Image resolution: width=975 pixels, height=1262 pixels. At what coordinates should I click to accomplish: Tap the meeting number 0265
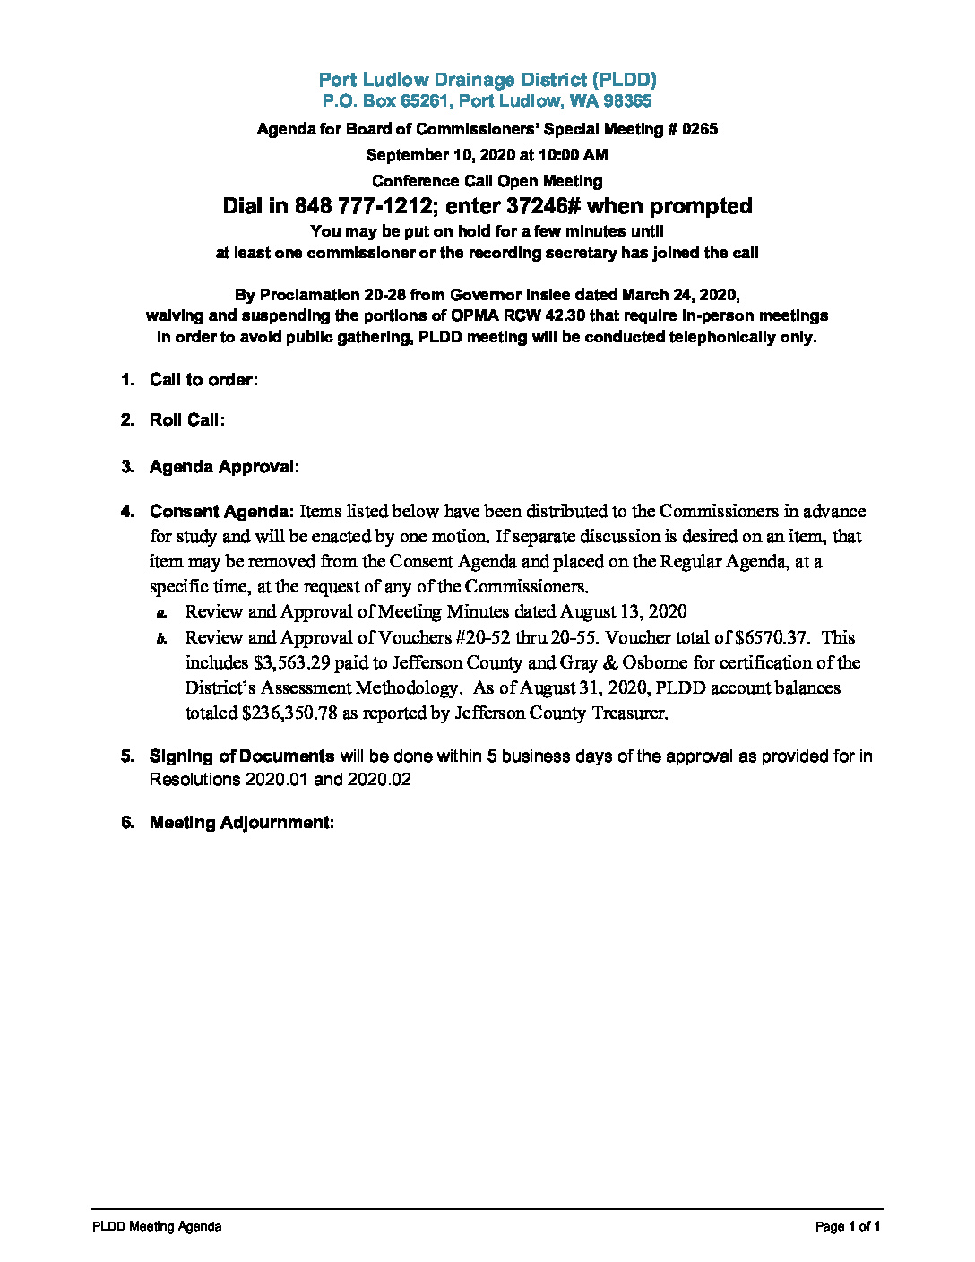(700, 129)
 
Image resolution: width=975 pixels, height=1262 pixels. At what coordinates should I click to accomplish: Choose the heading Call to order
(203, 380)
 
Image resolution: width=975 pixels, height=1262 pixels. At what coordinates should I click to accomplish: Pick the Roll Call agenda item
(186, 420)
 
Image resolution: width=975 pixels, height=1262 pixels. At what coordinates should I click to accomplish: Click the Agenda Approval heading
(224, 467)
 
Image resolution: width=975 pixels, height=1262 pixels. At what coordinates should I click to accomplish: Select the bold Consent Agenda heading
(221, 512)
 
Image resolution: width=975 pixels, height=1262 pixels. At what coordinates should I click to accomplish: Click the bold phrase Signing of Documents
(242, 756)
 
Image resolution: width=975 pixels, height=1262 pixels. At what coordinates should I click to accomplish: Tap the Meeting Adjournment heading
(241, 823)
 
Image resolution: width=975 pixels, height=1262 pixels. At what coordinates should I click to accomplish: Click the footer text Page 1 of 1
(848, 1227)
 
